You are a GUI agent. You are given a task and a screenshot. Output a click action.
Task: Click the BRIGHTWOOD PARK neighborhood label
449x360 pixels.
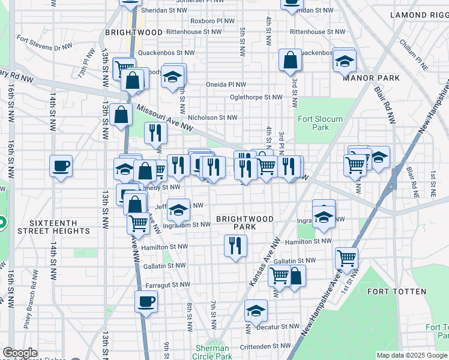244,223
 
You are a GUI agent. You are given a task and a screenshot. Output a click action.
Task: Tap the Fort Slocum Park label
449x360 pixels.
321,123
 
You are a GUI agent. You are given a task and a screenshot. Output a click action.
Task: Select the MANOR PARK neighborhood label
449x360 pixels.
371,78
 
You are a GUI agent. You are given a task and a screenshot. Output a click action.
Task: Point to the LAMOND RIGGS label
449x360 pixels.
419,14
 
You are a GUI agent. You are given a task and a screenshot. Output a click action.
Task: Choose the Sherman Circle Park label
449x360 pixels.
212,352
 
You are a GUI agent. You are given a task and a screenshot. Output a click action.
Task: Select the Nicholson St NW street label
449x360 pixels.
212,118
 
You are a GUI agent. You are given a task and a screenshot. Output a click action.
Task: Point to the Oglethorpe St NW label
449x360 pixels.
256,97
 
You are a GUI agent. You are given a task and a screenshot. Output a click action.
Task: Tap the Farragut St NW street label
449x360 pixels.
167,285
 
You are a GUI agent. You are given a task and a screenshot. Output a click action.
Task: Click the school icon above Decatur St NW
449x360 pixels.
256,310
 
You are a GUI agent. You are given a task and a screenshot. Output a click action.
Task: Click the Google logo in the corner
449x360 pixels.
20,352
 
